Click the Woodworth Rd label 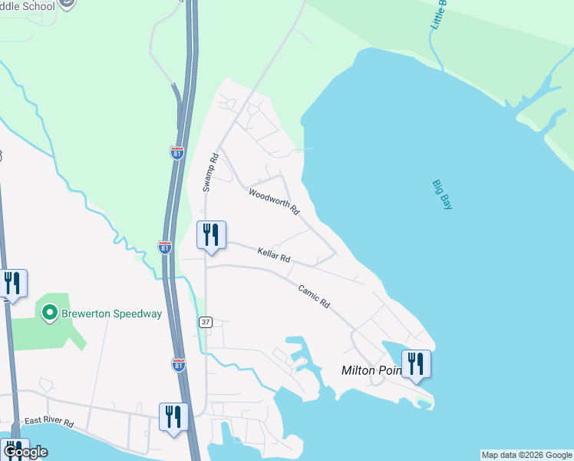(x=273, y=202)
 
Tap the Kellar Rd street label (x=273, y=254)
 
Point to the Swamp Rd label (x=211, y=172)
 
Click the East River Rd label (x=48, y=422)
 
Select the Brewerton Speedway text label (x=112, y=313)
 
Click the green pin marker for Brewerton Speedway (x=50, y=313)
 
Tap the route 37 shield (x=205, y=322)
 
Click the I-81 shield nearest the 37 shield (x=178, y=364)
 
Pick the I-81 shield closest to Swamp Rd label (x=177, y=152)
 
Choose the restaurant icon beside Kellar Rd (x=211, y=234)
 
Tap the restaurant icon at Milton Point (x=416, y=363)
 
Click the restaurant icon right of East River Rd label (x=173, y=416)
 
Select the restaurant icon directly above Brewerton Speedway (x=12, y=283)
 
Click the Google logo (x=25, y=452)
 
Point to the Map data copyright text (x=526, y=455)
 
